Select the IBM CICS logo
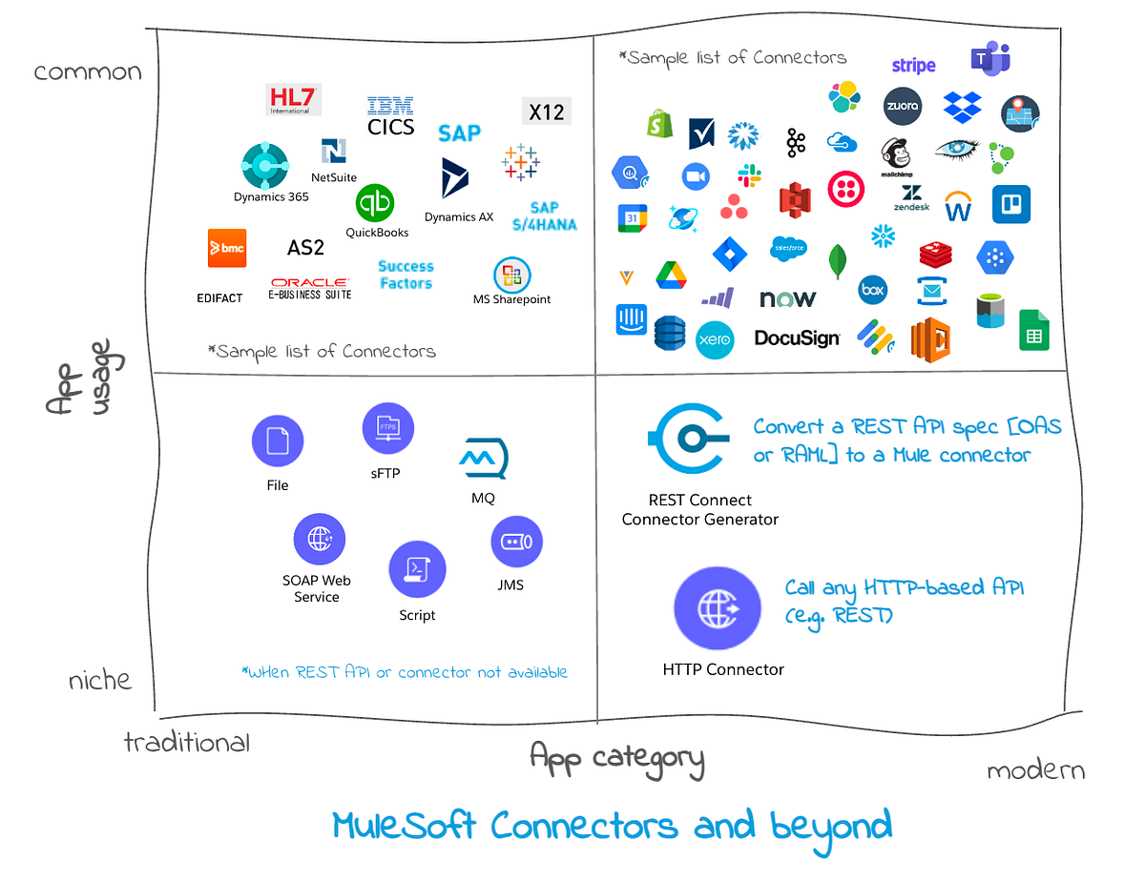coord(390,115)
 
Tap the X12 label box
coord(547,112)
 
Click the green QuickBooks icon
coord(375,204)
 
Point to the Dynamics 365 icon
coord(264,167)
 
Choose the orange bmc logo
coord(227,248)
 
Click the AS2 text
coord(305,248)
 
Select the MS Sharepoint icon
coord(512,276)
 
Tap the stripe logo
coord(913,66)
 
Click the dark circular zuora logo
coord(902,106)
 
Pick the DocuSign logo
coord(797,338)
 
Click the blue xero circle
coord(714,339)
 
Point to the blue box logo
coord(873,289)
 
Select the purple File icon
coord(277,441)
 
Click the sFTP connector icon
coord(388,427)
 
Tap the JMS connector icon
coord(516,542)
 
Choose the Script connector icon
coord(417,569)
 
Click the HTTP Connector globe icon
coord(718,608)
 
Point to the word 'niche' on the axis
coord(99,680)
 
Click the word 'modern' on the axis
coord(1035,770)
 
